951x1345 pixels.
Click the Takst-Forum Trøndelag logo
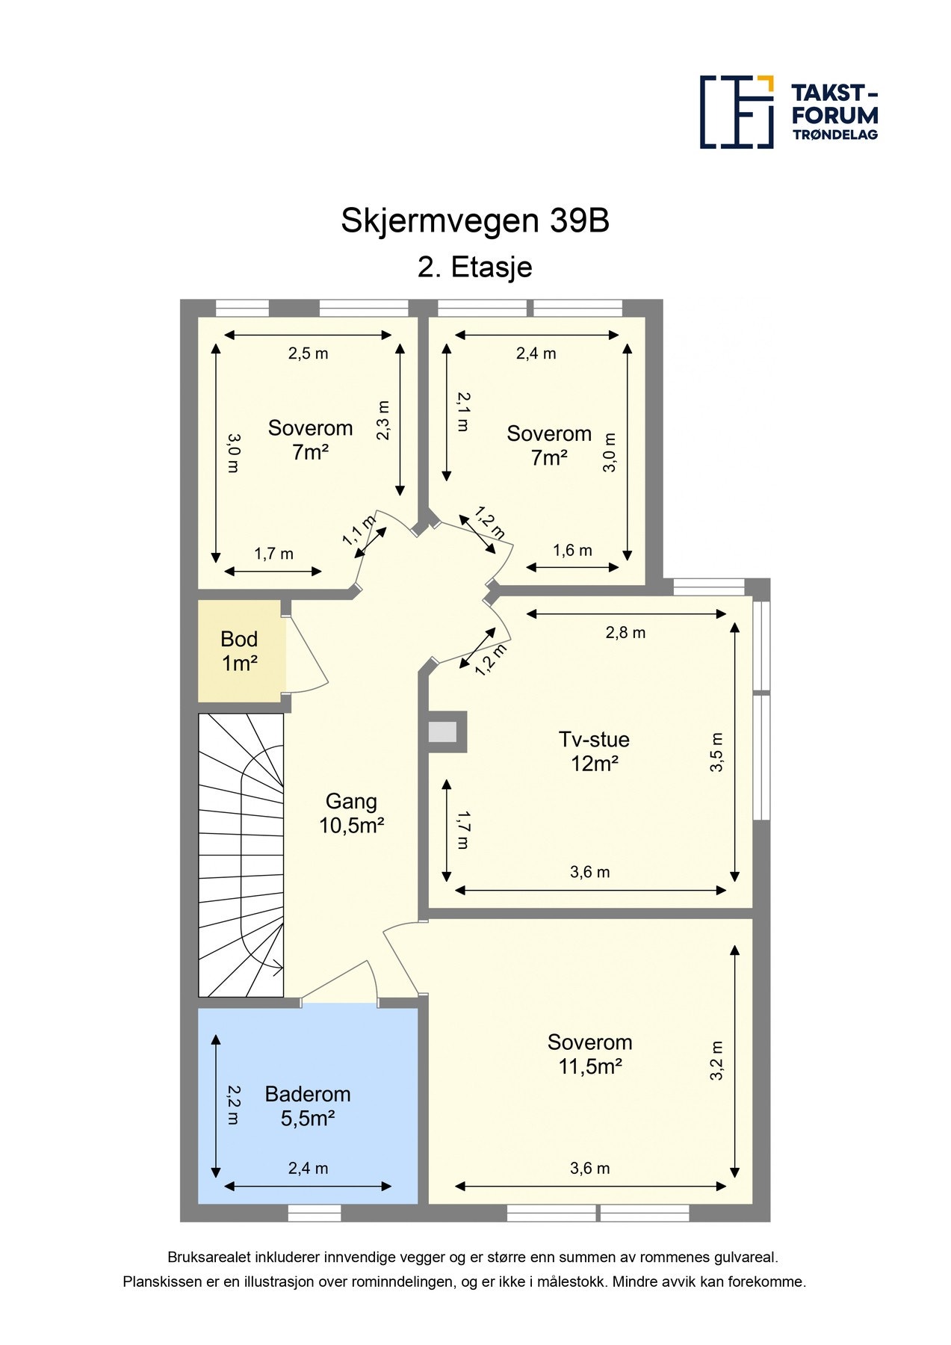click(x=788, y=112)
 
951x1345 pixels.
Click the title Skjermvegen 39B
click(x=475, y=221)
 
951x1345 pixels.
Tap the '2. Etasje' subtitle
click(x=475, y=267)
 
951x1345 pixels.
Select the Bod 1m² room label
click(x=239, y=651)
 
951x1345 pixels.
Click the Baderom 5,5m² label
click(x=307, y=1106)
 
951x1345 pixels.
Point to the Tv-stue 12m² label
click(x=594, y=751)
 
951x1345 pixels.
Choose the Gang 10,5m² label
click(x=351, y=813)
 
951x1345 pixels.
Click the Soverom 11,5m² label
click(x=589, y=1054)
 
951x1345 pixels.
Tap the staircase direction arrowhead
click(x=278, y=969)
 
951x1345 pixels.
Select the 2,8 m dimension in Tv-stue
click(x=625, y=633)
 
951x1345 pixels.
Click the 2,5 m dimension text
click(x=308, y=353)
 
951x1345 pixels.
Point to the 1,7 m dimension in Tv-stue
click(x=462, y=830)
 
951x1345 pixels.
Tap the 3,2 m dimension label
click(x=717, y=1060)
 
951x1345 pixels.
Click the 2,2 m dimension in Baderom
click(x=233, y=1105)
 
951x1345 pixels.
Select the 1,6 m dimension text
click(x=572, y=551)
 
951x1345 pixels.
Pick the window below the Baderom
click(x=314, y=1213)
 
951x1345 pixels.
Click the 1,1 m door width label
click(x=359, y=530)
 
